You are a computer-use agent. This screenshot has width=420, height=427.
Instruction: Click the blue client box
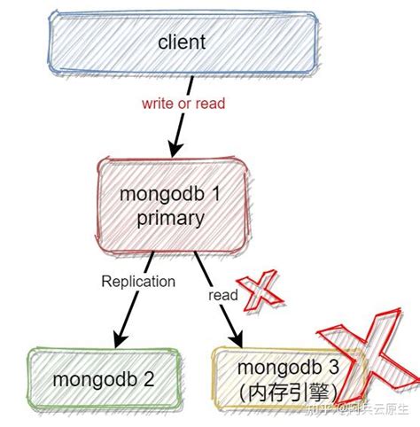coord(89,43)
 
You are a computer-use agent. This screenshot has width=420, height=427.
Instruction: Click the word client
coord(182,42)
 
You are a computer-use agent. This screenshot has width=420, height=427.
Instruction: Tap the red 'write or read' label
coord(183,103)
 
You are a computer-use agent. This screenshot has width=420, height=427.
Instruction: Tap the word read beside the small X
coord(223,295)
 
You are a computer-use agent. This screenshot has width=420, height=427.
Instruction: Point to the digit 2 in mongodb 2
coord(149,379)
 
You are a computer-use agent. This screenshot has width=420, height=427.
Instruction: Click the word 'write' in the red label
coord(157,103)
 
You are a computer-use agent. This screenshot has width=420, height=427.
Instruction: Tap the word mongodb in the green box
coord(92,379)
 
